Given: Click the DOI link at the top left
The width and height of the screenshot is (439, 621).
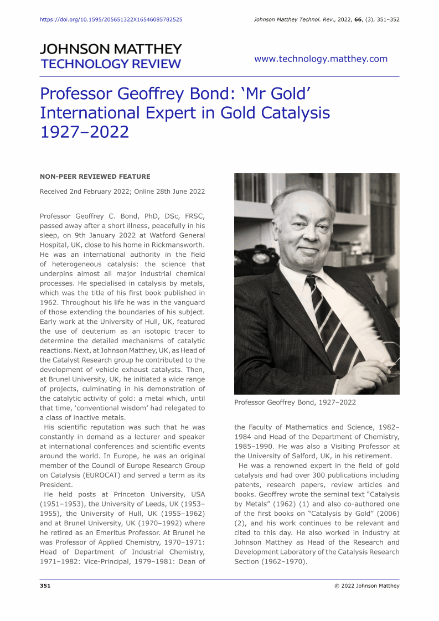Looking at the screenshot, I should [x=111, y=19].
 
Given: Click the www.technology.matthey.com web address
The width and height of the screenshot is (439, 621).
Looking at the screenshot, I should [x=321, y=59].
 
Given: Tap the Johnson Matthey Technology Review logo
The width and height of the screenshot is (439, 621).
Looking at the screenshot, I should [x=111, y=56].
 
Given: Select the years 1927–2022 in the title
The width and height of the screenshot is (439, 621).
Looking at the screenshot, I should [x=84, y=132].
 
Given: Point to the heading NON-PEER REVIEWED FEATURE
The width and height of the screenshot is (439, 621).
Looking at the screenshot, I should [x=95, y=177].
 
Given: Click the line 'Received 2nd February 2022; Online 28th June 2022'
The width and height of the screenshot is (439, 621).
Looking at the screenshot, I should [x=122, y=192].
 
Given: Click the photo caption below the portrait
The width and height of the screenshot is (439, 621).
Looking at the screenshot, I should [x=295, y=402].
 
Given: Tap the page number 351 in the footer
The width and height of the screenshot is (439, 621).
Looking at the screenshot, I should [x=45, y=586].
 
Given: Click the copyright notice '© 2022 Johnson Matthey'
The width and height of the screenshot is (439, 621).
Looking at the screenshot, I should [x=366, y=586].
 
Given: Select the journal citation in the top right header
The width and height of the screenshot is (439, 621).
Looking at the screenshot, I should [x=326, y=19].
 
